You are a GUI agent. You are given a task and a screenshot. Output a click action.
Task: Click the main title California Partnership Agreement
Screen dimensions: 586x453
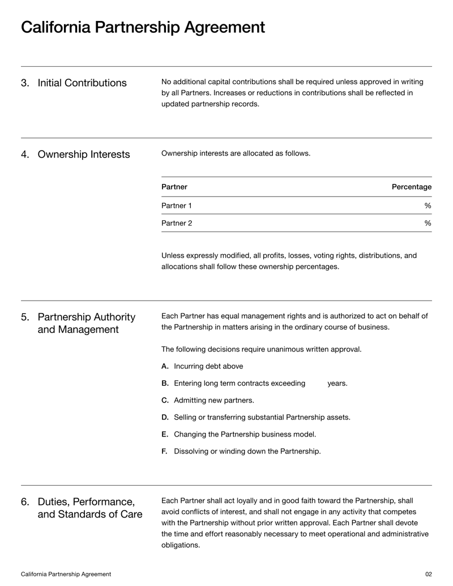(143, 27)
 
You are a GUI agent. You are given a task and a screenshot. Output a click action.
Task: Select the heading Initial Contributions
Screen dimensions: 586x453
(82, 83)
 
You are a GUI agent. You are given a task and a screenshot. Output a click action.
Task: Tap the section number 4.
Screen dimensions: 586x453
(25, 155)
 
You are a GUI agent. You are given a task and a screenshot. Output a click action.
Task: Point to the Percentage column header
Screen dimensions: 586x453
(411, 187)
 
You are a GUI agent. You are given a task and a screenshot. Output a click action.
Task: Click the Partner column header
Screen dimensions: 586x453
(174, 187)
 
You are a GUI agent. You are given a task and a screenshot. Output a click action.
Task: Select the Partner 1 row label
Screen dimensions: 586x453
(176, 206)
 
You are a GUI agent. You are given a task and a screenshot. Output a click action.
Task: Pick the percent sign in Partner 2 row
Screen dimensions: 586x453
(428, 223)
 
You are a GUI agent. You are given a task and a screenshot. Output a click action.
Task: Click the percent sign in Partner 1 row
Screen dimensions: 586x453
(428, 206)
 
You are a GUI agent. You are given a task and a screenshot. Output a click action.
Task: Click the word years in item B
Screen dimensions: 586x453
(337, 383)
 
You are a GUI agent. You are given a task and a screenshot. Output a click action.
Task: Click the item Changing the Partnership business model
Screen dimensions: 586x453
(245, 434)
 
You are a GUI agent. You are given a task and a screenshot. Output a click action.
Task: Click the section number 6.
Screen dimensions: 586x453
(25, 502)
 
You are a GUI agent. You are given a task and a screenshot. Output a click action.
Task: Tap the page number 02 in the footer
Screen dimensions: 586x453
(428, 574)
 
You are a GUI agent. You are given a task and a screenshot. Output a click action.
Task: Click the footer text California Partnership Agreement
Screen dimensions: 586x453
(66, 574)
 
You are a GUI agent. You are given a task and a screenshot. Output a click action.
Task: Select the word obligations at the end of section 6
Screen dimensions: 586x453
(181, 545)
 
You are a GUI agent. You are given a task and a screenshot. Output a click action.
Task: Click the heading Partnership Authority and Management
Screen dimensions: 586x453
(86, 323)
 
